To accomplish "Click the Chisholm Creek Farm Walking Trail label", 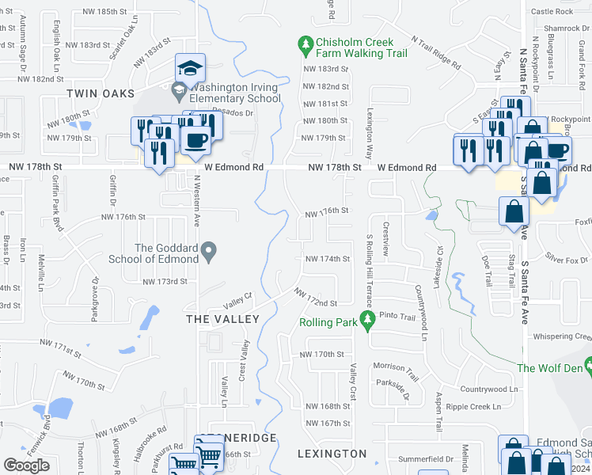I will coord(362,47).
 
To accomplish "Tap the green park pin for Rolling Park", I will coord(366,319).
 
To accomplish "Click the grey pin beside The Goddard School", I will coord(208,253).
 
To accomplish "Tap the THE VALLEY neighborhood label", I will coord(222,318).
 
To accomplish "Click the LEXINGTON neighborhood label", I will coord(332,454).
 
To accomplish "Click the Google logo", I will coord(26,465).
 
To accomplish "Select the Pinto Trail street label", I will coord(397,317).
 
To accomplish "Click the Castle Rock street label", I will coord(552,11).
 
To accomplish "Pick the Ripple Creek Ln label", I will coord(473,407).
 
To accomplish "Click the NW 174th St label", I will coord(327,259).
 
